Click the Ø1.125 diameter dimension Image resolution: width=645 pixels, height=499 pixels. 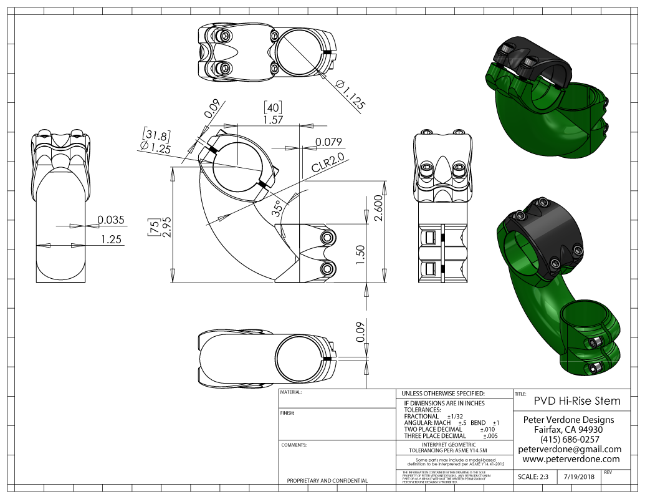click(x=350, y=95)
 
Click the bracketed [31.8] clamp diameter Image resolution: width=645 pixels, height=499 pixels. click(x=157, y=134)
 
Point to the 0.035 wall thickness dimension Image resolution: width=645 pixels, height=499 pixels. click(x=111, y=220)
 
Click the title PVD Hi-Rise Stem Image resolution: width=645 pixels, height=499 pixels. click(x=577, y=400)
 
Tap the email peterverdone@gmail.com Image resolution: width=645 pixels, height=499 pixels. click(x=570, y=449)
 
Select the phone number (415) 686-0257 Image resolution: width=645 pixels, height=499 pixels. click(x=570, y=440)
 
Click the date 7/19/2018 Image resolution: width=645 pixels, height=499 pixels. click(x=578, y=477)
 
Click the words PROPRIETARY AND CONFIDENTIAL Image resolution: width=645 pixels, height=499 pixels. click(x=327, y=481)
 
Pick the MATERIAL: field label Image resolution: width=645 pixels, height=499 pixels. click(x=292, y=393)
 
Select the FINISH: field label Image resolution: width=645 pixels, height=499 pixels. click(x=287, y=413)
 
